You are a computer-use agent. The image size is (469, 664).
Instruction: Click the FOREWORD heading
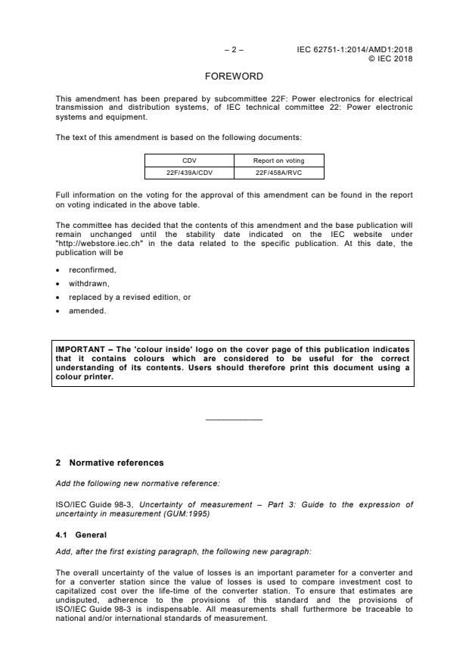[234, 76]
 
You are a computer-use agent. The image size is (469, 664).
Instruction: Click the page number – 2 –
[234, 50]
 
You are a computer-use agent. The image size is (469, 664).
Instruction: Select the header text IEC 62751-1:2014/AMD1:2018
[356, 50]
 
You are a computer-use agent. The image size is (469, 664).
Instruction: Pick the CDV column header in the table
[189, 161]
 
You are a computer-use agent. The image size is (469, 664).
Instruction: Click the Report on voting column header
[279, 161]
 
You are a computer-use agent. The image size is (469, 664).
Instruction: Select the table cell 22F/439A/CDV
[189, 173]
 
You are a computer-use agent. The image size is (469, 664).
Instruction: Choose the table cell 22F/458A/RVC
[279, 173]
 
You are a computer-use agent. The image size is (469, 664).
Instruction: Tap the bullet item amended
[85, 311]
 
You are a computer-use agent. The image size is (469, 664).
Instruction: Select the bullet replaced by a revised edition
[129, 297]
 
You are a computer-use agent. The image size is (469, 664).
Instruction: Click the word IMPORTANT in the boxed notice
[79, 349]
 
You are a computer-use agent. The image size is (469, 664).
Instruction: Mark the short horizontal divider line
[234, 419]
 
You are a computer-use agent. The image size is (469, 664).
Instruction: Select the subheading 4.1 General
[82, 535]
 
